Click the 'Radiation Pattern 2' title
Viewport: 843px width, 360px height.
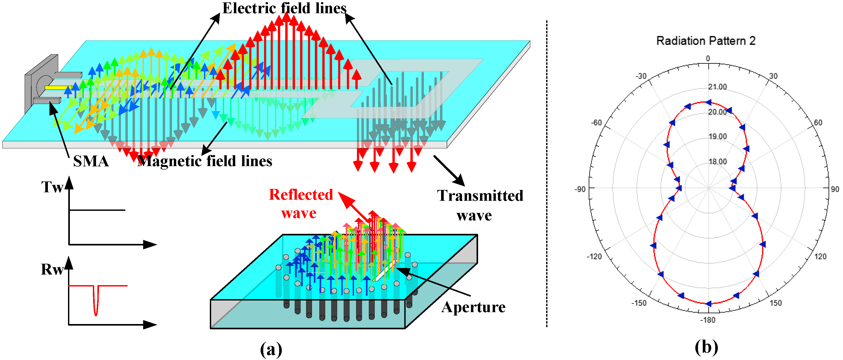[x=706, y=41]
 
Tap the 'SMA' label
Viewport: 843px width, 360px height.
[x=91, y=161]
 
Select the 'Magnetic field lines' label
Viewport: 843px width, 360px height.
[x=205, y=161]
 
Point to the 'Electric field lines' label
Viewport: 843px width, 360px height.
[x=284, y=8]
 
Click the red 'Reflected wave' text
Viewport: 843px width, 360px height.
[x=300, y=204]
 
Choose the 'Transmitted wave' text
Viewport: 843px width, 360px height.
[x=480, y=205]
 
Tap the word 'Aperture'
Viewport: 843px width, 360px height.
[x=473, y=307]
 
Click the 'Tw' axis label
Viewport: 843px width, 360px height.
[x=52, y=187]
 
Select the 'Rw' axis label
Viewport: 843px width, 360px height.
[x=52, y=269]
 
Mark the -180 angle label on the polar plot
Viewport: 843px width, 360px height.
[x=708, y=320]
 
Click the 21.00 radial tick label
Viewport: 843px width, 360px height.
[x=717, y=87]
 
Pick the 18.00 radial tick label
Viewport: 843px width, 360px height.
[x=717, y=161]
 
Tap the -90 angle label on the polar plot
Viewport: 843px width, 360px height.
[x=580, y=189]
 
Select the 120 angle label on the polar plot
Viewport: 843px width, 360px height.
[x=820, y=256]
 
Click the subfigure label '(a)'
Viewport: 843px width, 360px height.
[x=271, y=349]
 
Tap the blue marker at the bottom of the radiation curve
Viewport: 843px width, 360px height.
[x=708, y=304]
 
